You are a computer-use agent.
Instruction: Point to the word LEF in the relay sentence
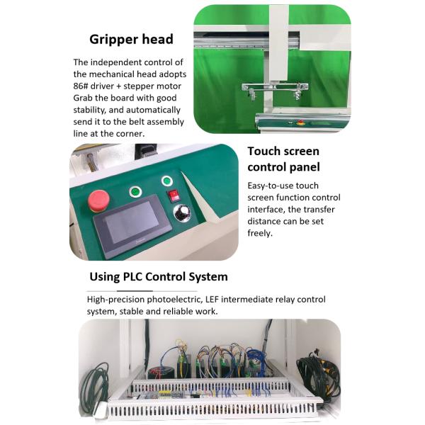pyautogui.click(x=212, y=300)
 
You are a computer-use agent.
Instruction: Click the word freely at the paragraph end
pyautogui.click(x=260, y=233)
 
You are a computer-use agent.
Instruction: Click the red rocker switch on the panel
pyautogui.click(x=174, y=195)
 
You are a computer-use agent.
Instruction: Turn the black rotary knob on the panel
pyautogui.click(x=181, y=212)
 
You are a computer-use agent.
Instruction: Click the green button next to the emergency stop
pyautogui.click(x=135, y=192)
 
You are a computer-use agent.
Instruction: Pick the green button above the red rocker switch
pyautogui.click(x=167, y=181)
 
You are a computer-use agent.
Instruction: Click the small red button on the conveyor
pyautogui.click(x=300, y=123)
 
